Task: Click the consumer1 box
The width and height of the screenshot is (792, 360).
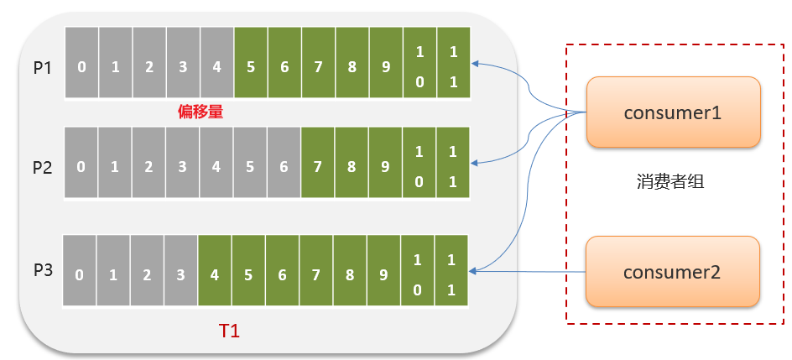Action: point(673,112)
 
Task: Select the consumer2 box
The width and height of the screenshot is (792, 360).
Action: point(673,271)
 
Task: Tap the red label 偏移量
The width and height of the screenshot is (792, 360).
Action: point(201,112)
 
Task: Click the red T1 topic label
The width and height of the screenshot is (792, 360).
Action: point(229,331)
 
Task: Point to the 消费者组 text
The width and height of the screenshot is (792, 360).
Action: point(670,181)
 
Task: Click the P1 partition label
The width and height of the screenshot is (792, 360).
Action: point(43,67)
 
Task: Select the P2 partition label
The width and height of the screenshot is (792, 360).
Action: point(43,167)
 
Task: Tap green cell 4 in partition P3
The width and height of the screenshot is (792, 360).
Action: point(215,274)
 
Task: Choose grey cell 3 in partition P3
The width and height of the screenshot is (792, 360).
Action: point(180,274)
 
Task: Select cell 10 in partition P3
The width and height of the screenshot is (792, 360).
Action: point(418,274)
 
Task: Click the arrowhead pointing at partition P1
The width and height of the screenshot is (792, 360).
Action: point(476,63)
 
